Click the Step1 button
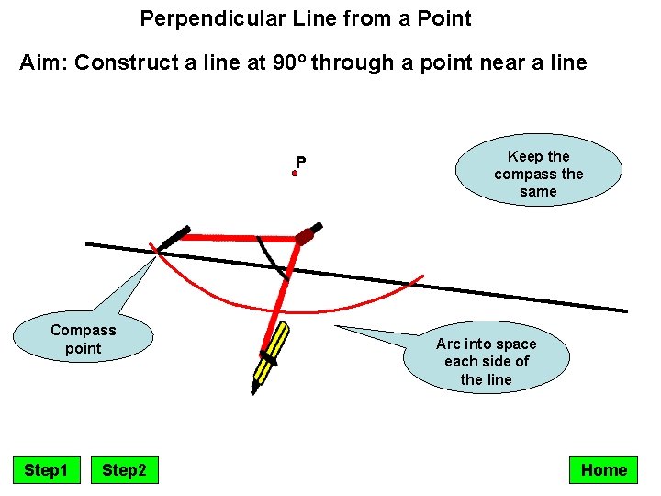[46, 470]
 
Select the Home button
[603, 470]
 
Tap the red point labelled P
[295, 173]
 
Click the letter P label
[300, 163]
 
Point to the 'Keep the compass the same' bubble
[538, 174]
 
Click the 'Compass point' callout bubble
[84, 339]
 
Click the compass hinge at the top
[305, 236]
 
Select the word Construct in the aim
[118, 63]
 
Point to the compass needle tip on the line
[157, 249]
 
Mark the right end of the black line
[627, 310]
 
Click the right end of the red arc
[423, 275]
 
